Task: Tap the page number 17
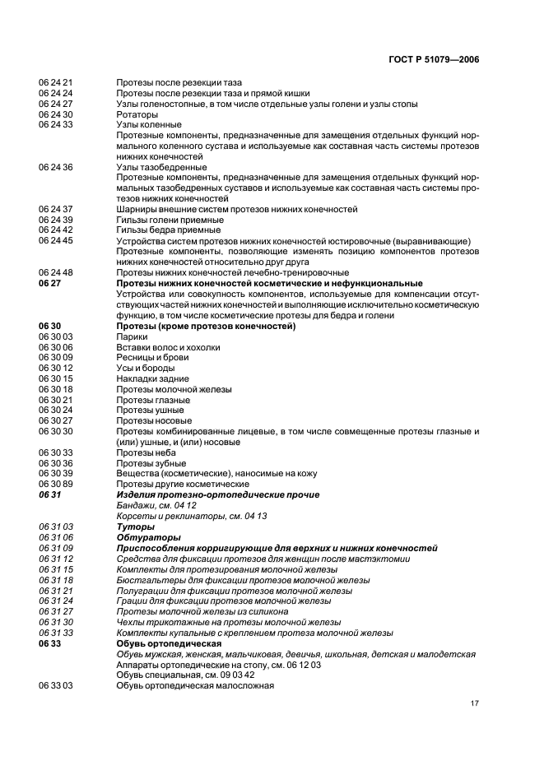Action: click(475, 703)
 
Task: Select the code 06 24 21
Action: click(55, 83)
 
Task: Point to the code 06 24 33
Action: click(55, 125)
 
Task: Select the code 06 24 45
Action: click(55, 241)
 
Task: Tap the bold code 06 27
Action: click(49, 283)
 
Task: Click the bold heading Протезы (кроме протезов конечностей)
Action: click(206, 326)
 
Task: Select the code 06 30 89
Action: click(55, 485)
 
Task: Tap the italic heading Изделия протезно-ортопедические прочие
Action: click(217, 495)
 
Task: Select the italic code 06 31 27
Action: click(55, 612)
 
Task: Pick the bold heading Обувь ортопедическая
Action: click(168, 643)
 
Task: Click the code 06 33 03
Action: click(55, 685)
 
